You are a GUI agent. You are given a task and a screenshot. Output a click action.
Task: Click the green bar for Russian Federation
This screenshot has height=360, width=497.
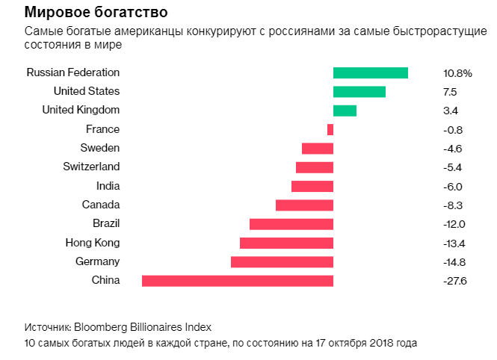coord(370,72)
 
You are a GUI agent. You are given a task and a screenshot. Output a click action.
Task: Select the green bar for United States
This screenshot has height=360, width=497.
coord(359,92)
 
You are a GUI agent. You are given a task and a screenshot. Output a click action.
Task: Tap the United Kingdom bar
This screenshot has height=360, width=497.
coord(345,111)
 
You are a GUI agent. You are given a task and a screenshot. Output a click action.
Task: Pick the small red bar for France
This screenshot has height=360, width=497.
coord(330,129)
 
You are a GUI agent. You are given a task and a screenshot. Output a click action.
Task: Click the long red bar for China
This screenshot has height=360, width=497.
coord(237,281)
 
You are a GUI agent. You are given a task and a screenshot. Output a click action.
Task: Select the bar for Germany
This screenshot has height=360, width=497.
coord(282,261)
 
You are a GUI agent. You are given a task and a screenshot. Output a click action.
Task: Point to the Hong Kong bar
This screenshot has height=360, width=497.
coord(286,243)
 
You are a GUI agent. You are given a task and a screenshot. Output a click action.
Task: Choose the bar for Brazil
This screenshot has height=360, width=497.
coord(291,224)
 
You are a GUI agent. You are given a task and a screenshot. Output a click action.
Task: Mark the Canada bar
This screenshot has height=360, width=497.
coord(304,205)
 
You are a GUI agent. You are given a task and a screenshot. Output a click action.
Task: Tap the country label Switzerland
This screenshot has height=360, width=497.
coord(91,167)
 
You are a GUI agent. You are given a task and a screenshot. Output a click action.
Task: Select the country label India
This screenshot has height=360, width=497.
coord(108,186)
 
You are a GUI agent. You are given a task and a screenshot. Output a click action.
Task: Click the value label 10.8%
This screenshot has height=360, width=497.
coord(457,73)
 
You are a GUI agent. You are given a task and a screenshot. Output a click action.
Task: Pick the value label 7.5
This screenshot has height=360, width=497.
coord(450,92)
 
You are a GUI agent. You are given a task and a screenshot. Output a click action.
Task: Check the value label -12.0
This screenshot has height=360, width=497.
coord(454,224)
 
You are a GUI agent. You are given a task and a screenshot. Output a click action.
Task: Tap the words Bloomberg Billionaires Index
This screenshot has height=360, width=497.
coord(143,327)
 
